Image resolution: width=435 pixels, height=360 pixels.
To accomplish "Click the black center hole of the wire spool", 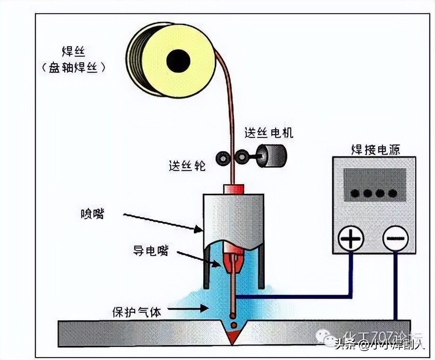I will [178, 61].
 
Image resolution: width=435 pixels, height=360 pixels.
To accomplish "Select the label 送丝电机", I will [269, 133].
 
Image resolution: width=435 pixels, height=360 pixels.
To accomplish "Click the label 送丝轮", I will [187, 166].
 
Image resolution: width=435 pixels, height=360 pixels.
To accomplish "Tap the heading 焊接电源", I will [375, 149].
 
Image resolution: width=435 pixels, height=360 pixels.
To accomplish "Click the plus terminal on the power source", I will [351, 239].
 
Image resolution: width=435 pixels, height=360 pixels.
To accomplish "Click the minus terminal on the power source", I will [395, 239].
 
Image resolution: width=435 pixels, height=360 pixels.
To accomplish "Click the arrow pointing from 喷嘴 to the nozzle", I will [163, 223].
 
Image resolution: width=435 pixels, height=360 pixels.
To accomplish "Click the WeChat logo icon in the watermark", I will [326, 336].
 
